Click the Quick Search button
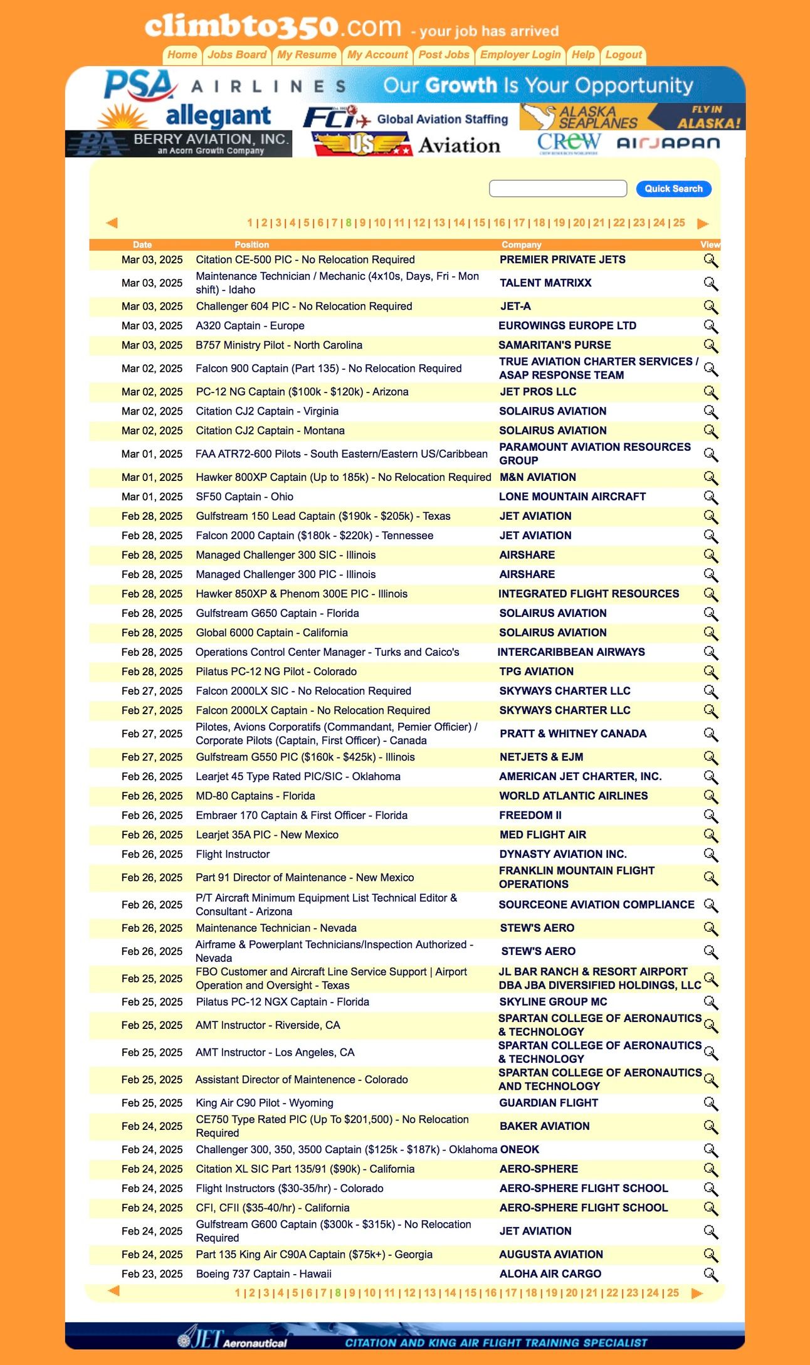point(673,189)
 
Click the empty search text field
point(557,189)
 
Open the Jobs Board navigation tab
point(237,55)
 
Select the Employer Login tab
point(520,55)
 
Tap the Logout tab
point(623,55)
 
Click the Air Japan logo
point(668,144)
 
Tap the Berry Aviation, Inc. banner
point(179,144)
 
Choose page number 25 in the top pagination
point(679,223)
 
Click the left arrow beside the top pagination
point(112,223)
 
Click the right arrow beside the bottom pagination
point(697,1293)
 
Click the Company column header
point(521,245)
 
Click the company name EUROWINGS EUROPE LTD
point(567,326)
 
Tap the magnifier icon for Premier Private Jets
point(710,260)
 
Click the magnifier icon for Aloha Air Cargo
point(710,1274)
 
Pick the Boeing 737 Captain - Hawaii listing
point(263,1274)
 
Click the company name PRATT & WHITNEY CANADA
point(572,734)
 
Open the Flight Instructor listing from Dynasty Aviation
point(233,855)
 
